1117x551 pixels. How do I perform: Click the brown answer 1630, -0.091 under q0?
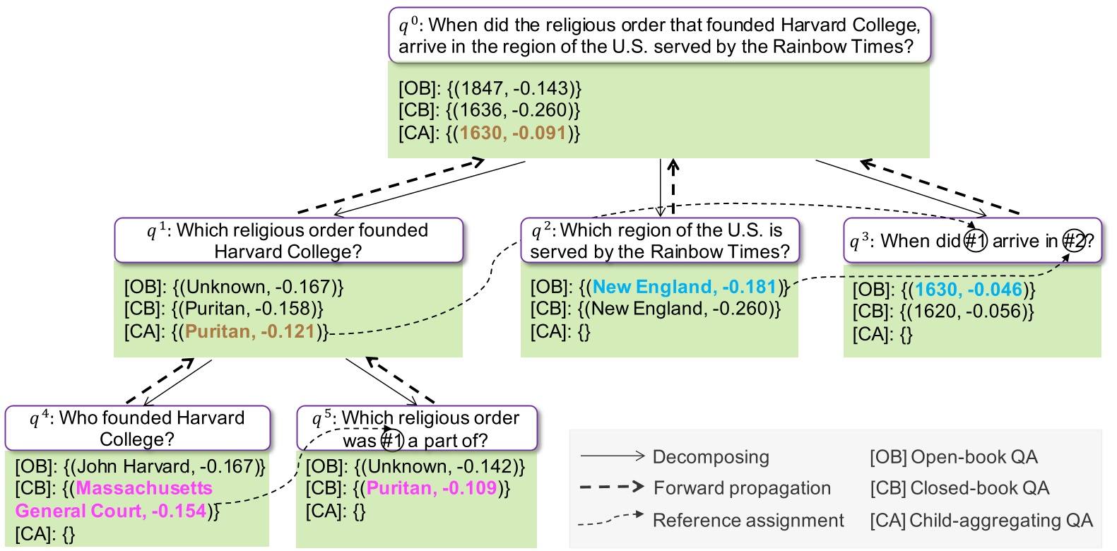tap(513, 133)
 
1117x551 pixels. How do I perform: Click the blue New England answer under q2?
tap(684, 287)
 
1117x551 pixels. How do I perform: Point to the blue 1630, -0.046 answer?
tap(968, 290)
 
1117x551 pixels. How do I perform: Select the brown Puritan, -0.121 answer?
tap(249, 331)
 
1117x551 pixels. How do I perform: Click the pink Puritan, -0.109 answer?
tap(432, 488)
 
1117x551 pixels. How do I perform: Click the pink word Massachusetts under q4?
tap(144, 488)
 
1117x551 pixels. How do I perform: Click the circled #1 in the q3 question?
tap(976, 241)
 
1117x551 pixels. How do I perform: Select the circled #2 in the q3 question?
tap(1074, 241)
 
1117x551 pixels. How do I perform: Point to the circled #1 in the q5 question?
tap(392, 441)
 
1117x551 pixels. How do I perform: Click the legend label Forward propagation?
tap(742, 488)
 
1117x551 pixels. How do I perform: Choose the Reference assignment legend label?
tap(747, 521)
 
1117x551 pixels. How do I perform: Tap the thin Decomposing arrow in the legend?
tap(612, 456)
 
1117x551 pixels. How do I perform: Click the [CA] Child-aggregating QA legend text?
tap(981, 521)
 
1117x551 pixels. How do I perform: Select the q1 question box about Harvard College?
tap(288, 240)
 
